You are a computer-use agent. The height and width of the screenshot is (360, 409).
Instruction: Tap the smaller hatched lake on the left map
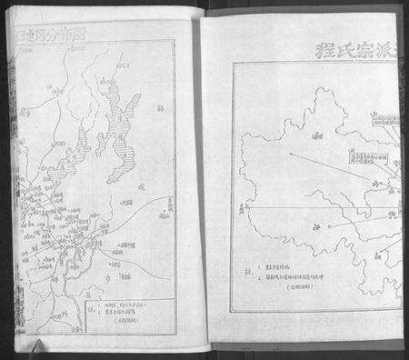(x=85, y=141)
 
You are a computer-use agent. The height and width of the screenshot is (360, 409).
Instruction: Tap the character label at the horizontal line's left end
(x=245, y=208)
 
